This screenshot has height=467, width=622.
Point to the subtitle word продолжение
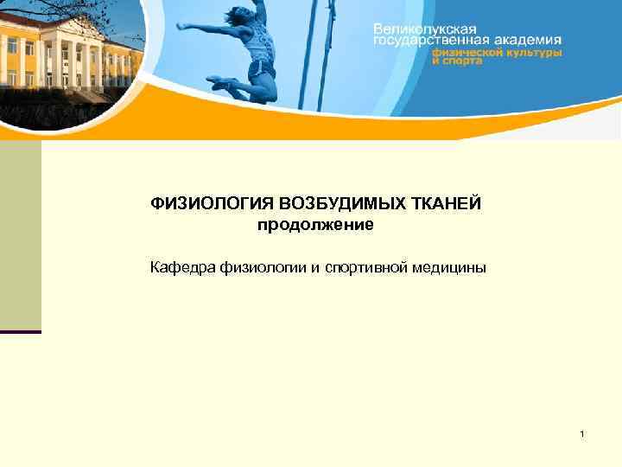[315, 226]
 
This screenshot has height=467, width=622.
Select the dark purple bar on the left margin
[21, 331]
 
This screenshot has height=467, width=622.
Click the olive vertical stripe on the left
[21, 233]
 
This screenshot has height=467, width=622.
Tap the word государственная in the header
[421, 40]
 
